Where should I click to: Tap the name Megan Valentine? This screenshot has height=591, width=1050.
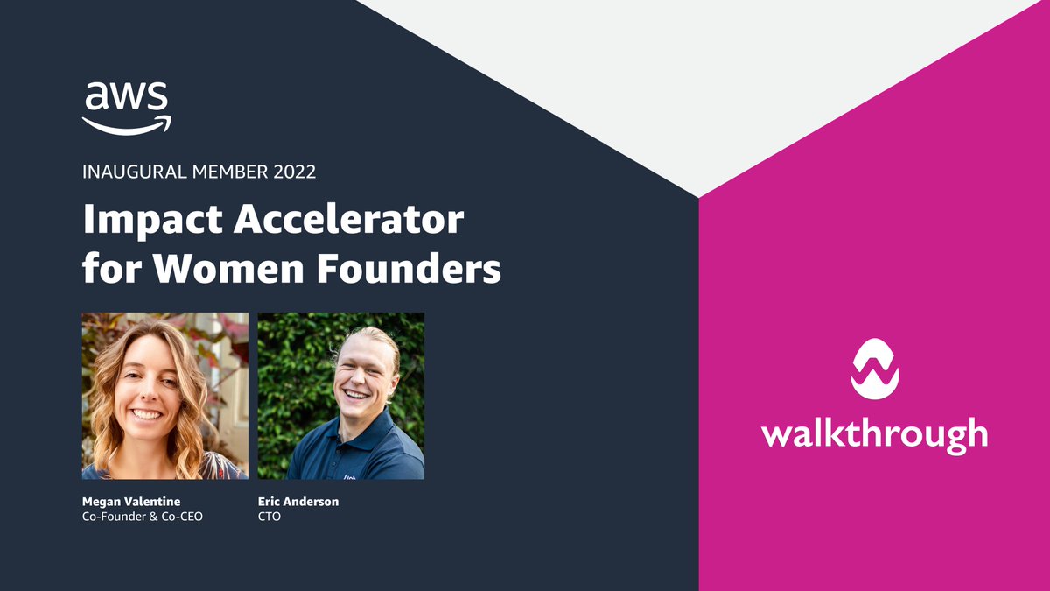click(131, 502)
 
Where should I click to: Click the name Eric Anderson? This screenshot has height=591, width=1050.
click(297, 502)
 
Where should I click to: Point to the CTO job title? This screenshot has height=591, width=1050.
click(269, 517)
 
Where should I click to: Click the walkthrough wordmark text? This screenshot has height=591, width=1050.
click(874, 433)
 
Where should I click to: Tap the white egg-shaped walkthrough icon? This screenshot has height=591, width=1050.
click(874, 369)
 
